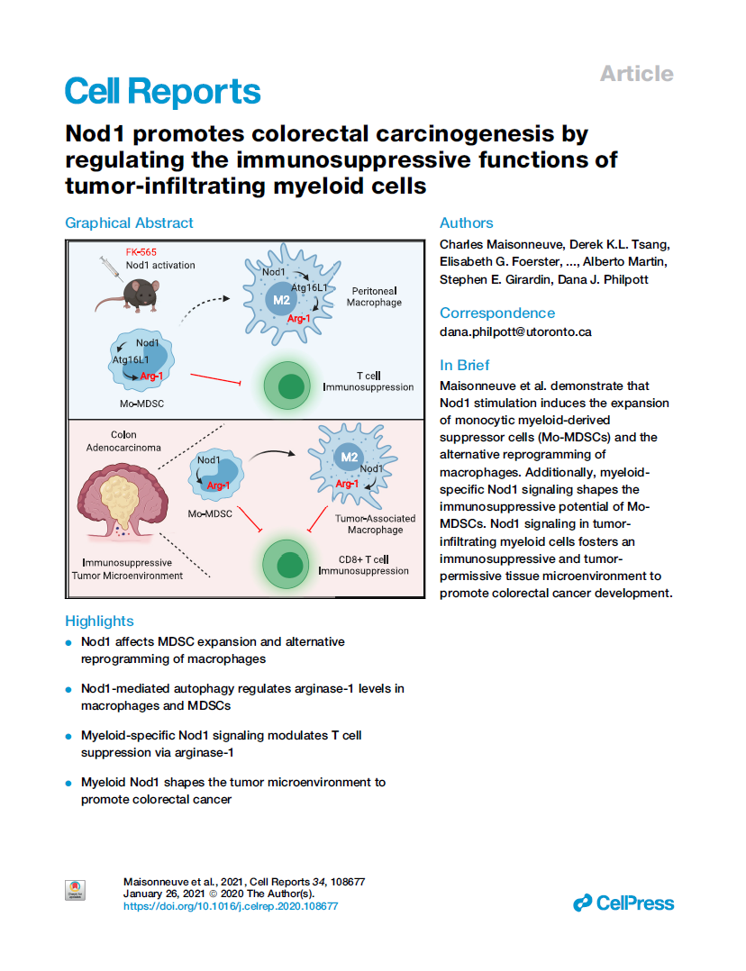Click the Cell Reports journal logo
162,91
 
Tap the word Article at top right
636,74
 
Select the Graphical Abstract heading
129,222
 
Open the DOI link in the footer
230,906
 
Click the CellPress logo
623,903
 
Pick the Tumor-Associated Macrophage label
375,524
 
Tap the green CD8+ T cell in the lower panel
289,565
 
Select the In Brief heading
464,365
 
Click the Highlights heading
99,621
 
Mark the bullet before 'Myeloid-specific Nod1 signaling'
68,737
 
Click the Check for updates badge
76,890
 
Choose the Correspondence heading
496,313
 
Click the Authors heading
466,222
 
